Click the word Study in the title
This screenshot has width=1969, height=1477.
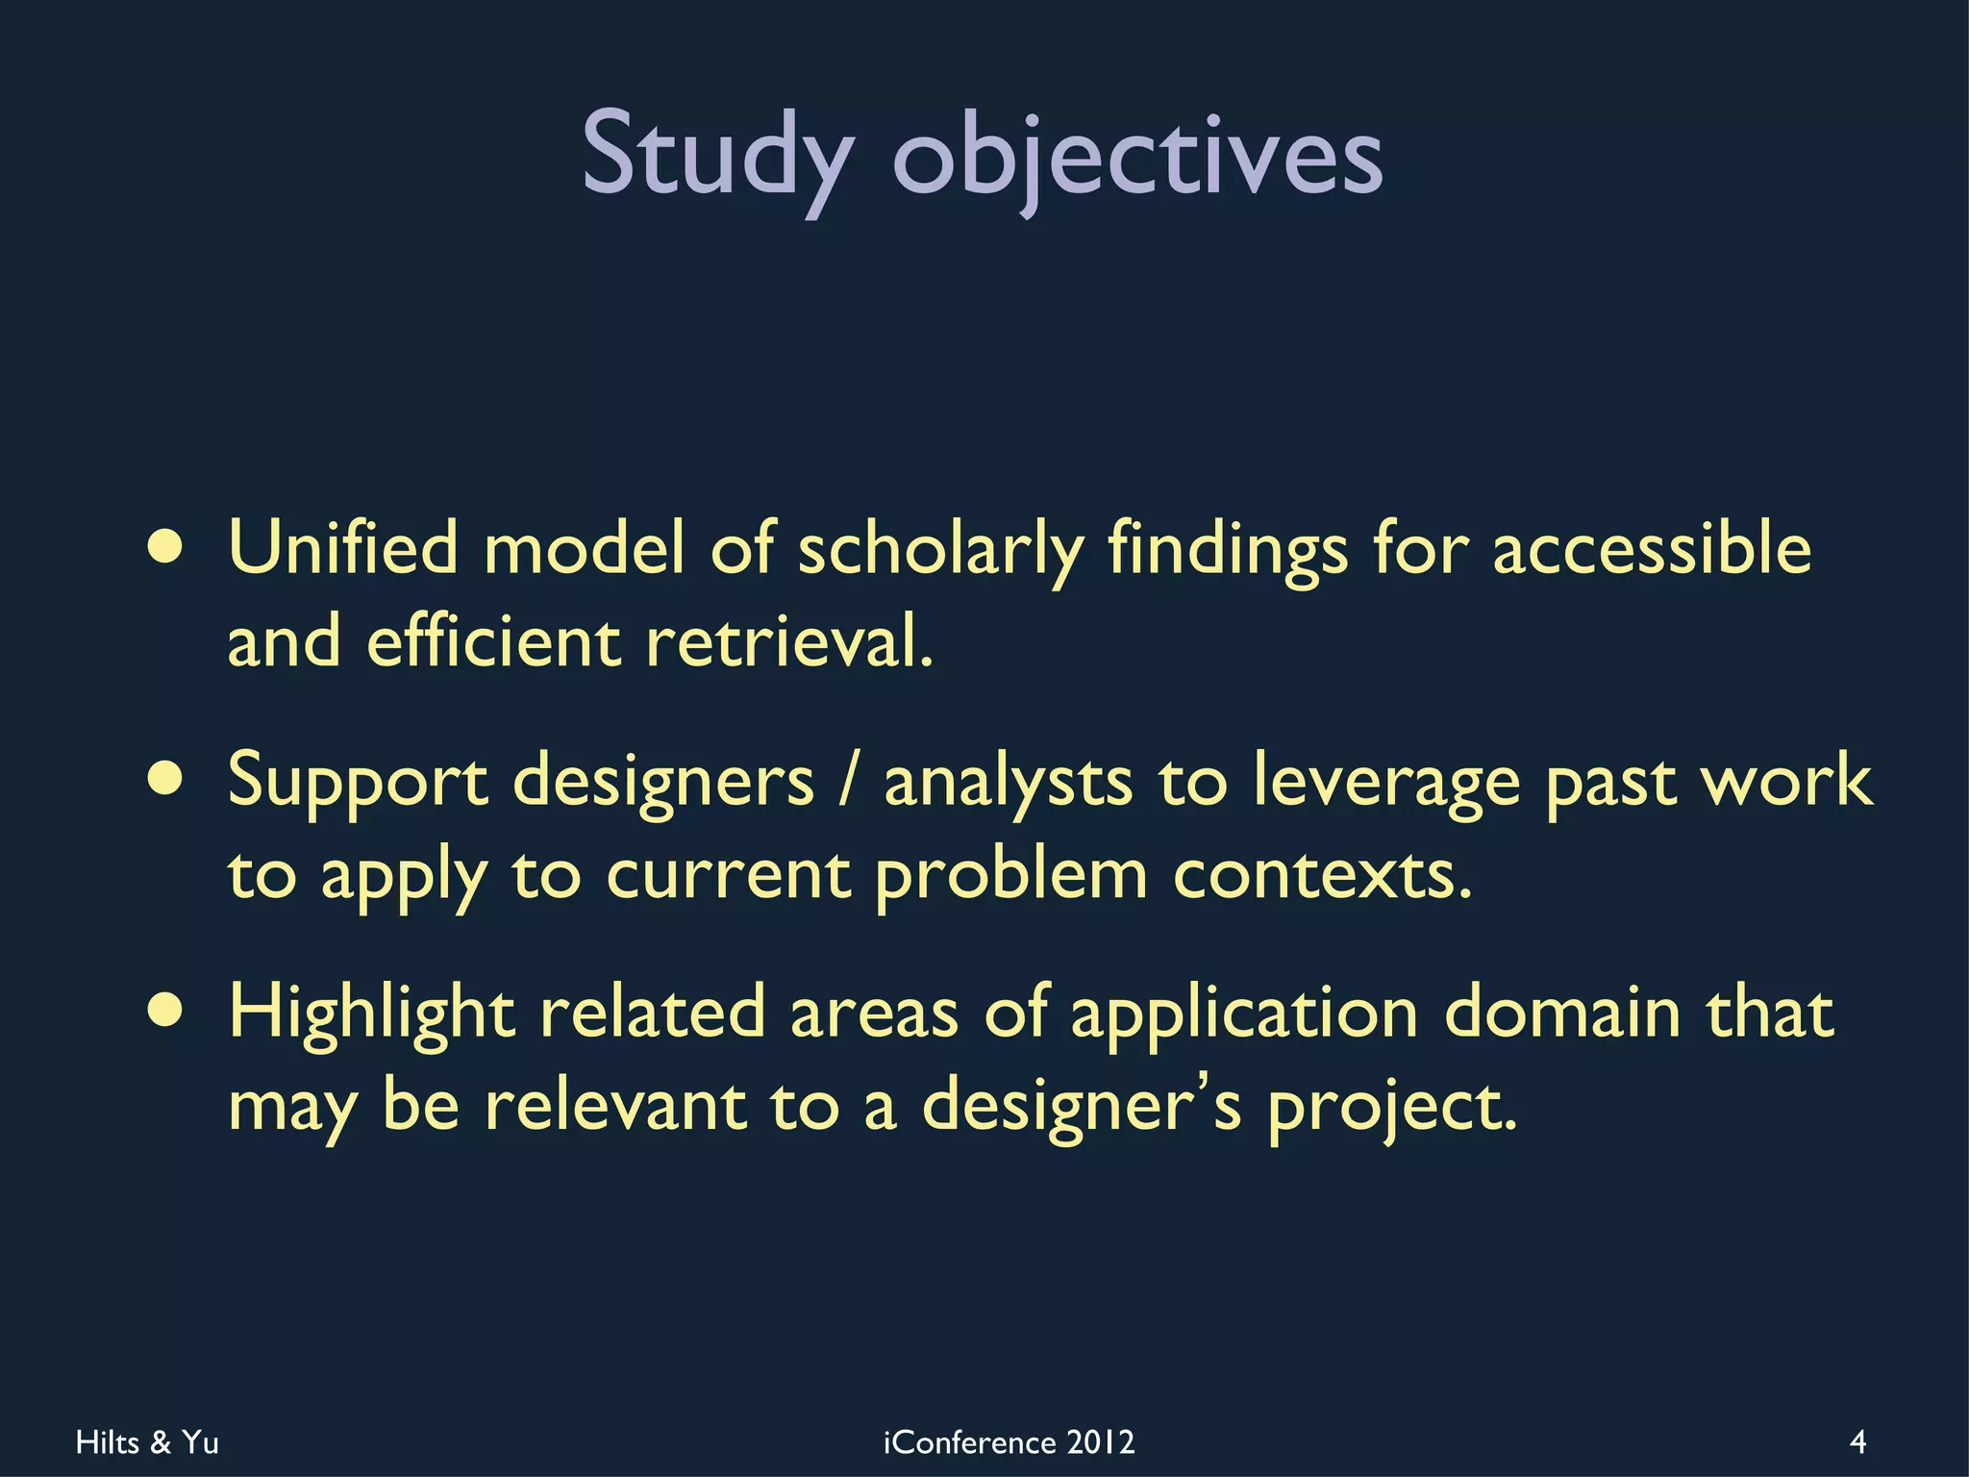pos(716,154)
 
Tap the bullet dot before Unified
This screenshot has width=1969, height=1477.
pos(166,548)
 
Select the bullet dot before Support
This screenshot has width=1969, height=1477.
pos(166,780)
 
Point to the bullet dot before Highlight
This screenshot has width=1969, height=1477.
pos(166,1012)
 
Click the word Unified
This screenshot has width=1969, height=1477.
pos(343,548)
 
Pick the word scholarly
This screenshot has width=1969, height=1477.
pos(940,550)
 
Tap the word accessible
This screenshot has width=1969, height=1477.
pos(1651,548)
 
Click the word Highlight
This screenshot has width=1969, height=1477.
pos(371,1014)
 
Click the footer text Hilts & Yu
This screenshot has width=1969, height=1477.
pos(147,1442)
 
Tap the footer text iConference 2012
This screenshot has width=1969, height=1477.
pos(1009,1442)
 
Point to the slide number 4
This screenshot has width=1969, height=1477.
pos(1857,1442)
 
